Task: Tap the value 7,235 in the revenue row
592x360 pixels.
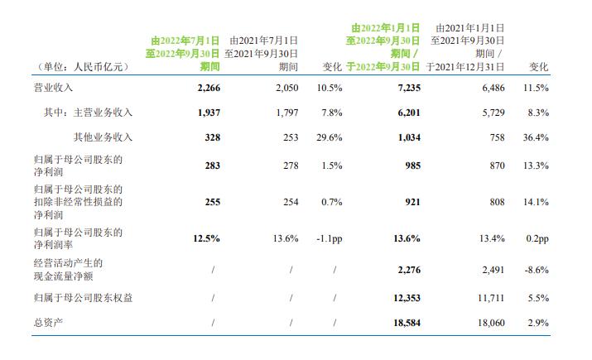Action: pos(407,87)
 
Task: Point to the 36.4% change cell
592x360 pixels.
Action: pos(537,137)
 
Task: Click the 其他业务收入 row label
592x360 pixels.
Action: pos(103,137)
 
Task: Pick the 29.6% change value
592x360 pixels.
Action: pos(329,137)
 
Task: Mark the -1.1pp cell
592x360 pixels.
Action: pos(328,238)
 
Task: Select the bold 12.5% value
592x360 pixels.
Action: pos(207,238)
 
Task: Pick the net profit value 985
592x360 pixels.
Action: pos(411,166)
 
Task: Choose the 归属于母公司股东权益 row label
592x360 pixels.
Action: pos(91,295)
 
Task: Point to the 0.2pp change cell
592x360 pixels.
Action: pos(537,238)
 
